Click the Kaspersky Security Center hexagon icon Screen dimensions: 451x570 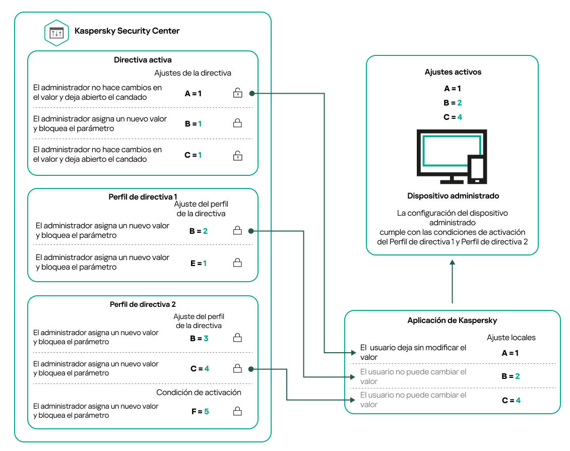(x=56, y=33)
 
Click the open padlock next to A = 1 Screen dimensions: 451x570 (x=237, y=93)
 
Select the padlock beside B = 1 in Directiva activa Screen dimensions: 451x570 (x=237, y=123)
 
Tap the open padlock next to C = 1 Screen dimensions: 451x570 (x=237, y=155)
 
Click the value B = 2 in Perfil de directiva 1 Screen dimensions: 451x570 (x=199, y=231)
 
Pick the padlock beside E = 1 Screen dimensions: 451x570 (x=237, y=263)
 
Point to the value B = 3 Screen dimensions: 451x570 (x=199, y=339)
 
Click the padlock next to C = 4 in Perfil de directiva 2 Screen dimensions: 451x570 (x=237, y=369)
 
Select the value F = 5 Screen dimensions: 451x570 (x=200, y=412)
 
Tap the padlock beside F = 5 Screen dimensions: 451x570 (x=237, y=411)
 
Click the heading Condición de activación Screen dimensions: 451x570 (x=199, y=393)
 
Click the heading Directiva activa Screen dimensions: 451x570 (x=143, y=60)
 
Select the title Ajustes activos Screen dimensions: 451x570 (x=452, y=73)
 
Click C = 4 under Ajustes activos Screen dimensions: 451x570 (x=453, y=117)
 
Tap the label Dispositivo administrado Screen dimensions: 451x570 (x=453, y=196)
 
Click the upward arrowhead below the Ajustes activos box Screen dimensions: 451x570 (x=453, y=263)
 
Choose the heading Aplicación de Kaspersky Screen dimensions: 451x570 (x=452, y=320)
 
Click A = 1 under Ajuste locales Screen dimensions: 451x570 (x=510, y=353)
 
